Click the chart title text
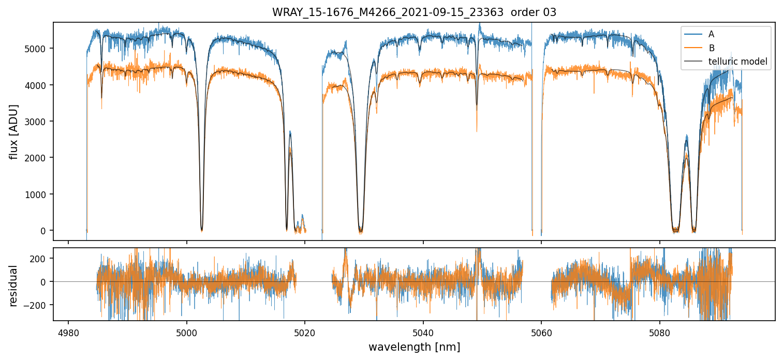(x=414, y=12)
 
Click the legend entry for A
(x=711, y=34)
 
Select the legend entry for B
(x=711, y=48)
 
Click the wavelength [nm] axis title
(x=414, y=347)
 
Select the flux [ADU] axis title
(x=14, y=131)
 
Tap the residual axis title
(x=14, y=286)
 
